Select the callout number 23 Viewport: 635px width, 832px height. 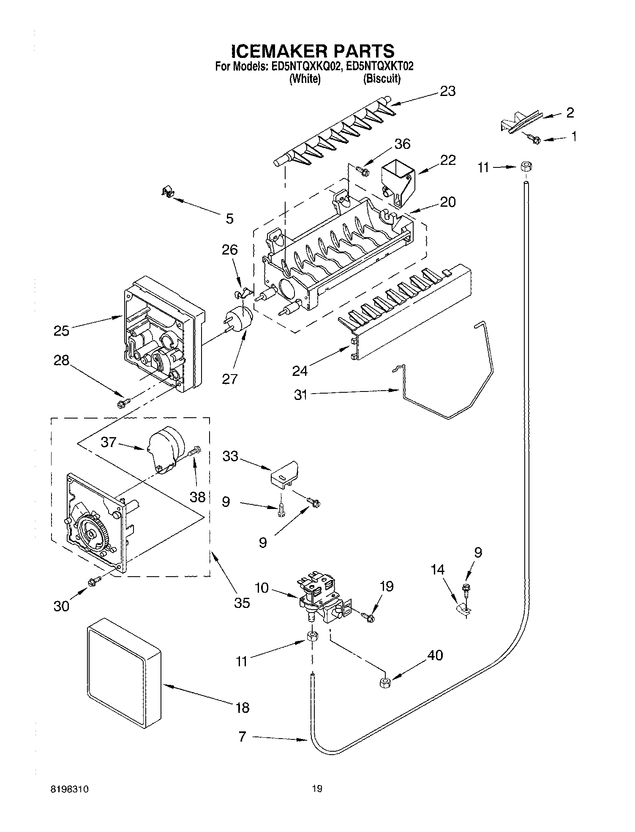447,91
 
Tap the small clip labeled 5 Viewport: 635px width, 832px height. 169,192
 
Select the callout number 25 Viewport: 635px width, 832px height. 61,330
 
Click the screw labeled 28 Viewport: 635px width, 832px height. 123,403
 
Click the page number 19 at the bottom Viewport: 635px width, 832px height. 317,788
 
